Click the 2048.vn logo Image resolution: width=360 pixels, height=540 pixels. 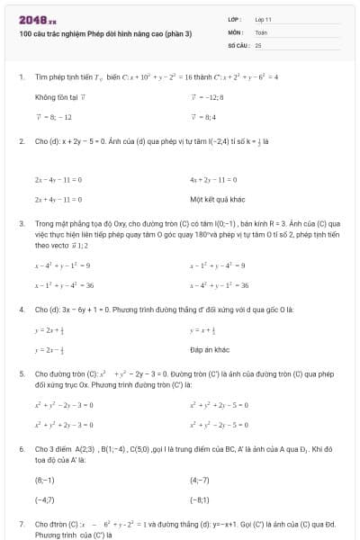37,19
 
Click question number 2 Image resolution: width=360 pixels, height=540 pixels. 21,141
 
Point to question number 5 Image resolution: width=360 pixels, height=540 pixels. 21,372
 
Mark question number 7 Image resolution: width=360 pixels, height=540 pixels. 21,523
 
